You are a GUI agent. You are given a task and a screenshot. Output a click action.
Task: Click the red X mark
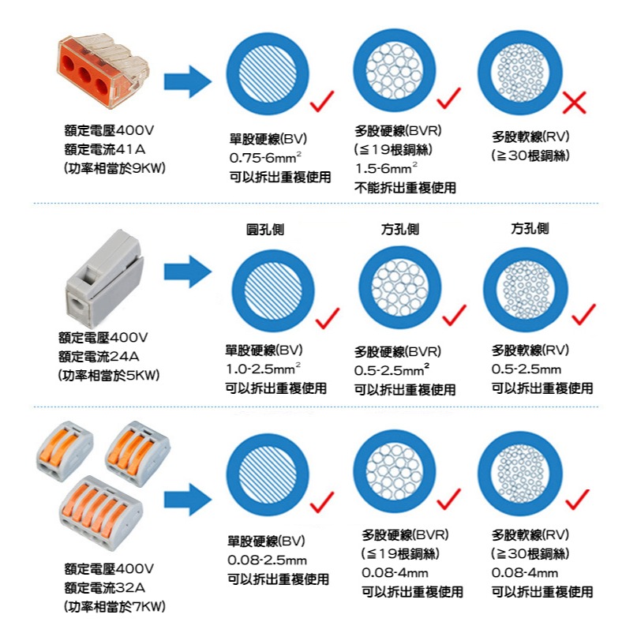pos(576,101)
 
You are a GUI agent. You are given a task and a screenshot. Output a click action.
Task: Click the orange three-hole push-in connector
pos(98,71)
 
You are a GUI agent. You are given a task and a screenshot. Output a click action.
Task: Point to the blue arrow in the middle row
pos(187,273)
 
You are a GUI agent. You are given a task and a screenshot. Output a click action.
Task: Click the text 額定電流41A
pos(105,150)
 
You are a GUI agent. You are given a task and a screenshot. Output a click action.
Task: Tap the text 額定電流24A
pos(105,357)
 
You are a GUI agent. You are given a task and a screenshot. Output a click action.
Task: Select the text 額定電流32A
pos(105,588)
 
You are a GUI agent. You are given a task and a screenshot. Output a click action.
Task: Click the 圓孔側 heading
pos(264,229)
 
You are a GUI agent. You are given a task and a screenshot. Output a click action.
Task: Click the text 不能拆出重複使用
pos(405,188)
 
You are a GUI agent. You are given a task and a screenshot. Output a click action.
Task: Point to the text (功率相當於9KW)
pos(114,168)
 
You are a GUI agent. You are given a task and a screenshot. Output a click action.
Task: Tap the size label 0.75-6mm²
pos(264,158)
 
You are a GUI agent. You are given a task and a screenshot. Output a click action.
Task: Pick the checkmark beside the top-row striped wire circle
pos(322,101)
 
